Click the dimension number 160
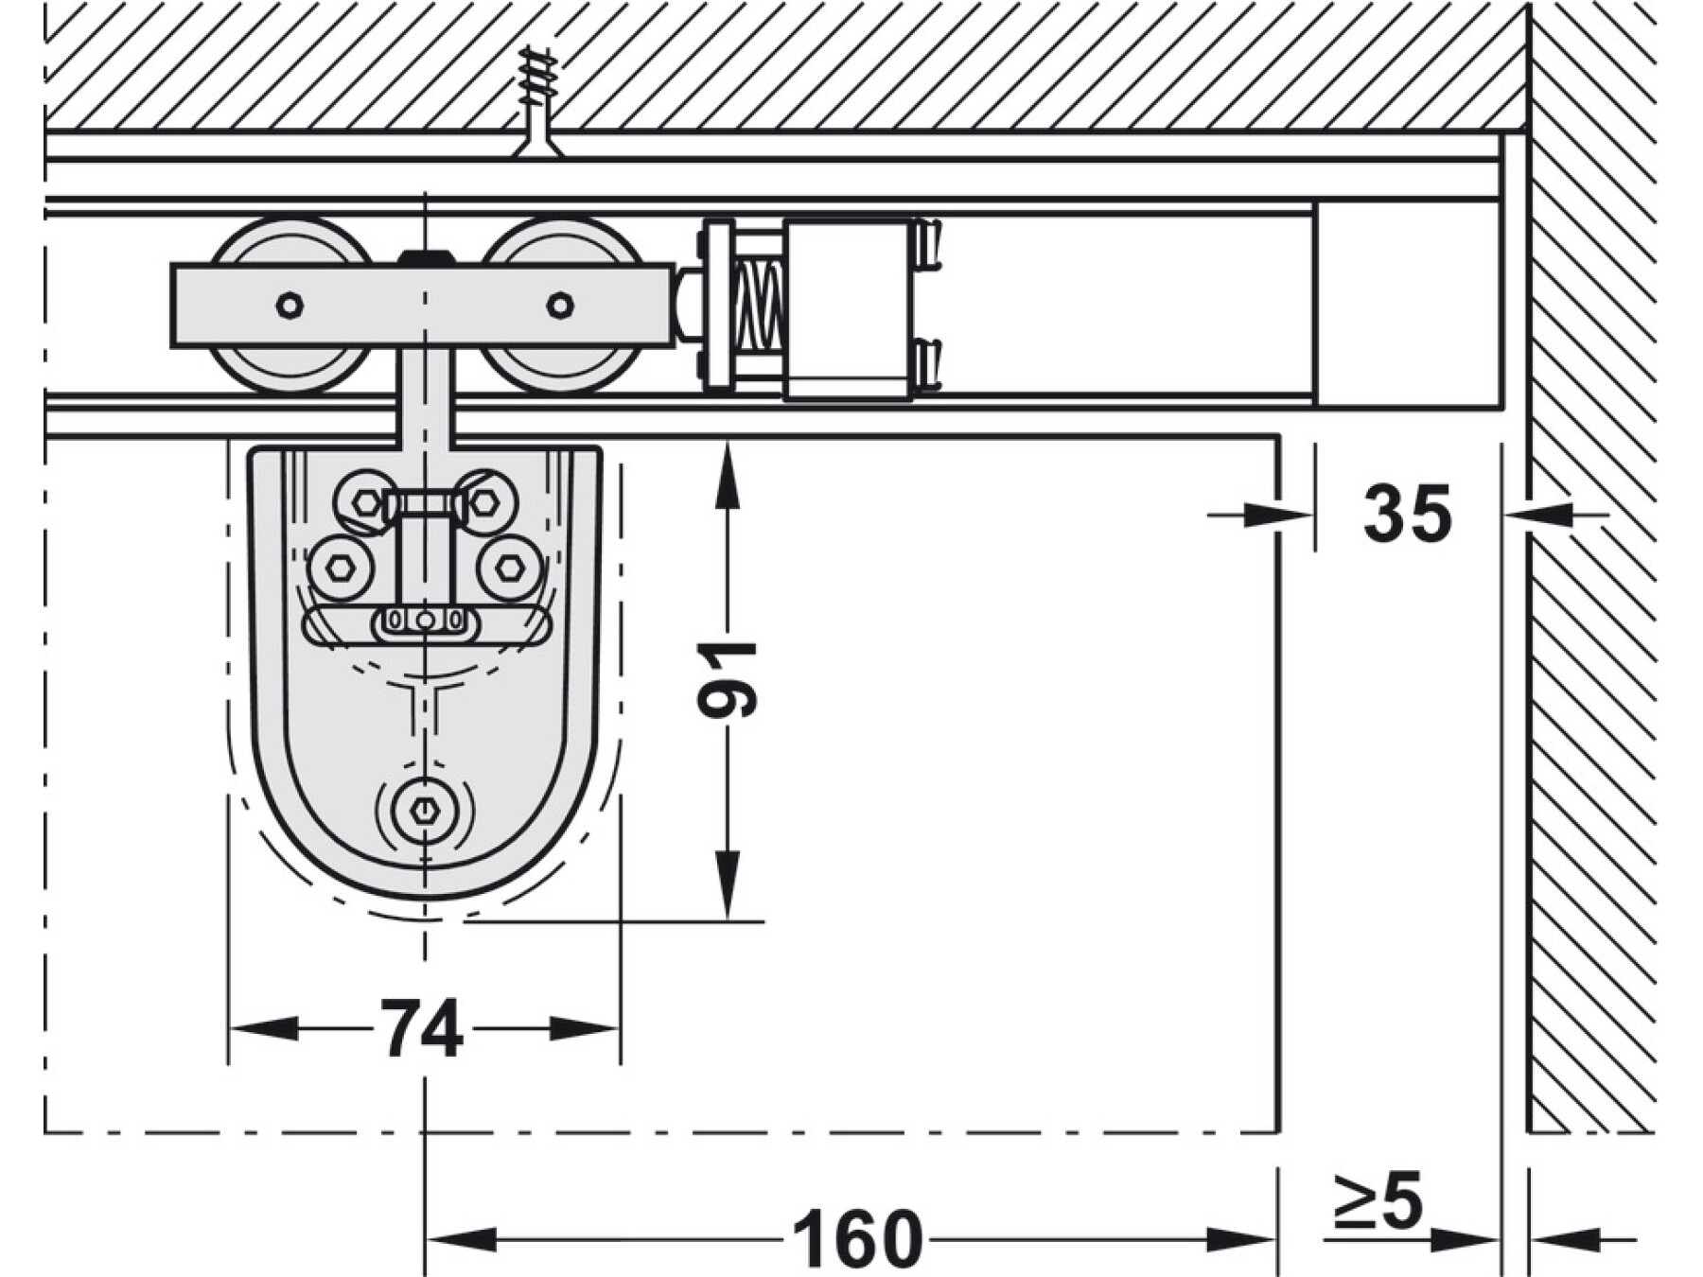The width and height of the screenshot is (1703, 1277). pyautogui.click(x=857, y=1238)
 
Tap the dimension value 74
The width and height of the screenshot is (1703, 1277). pyautogui.click(x=422, y=1028)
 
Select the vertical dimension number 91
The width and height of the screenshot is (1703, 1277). pyautogui.click(x=727, y=679)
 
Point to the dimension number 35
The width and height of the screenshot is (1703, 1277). pyautogui.click(x=1407, y=514)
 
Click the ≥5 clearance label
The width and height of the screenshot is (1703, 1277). pyautogui.click(x=1378, y=1201)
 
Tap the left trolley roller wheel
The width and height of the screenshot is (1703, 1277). pyautogui.click(x=290, y=306)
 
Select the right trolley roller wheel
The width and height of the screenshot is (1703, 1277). pyautogui.click(x=562, y=306)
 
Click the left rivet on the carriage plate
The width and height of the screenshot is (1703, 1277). pyautogui.click(x=290, y=306)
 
